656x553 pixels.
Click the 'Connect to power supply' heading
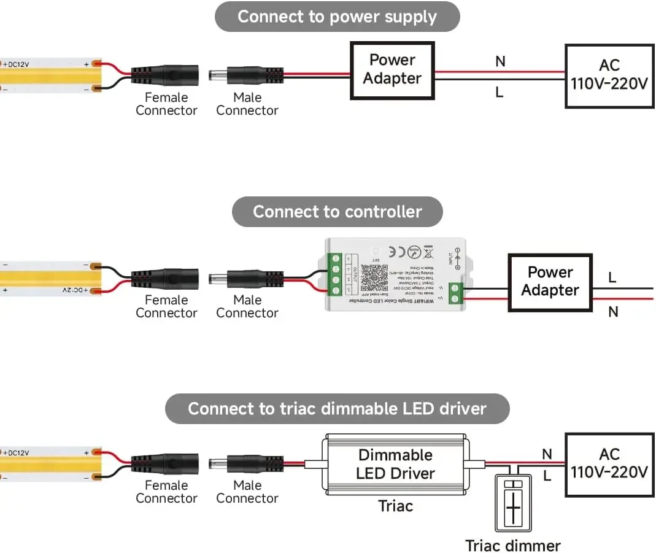pyautogui.click(x=337, y=17)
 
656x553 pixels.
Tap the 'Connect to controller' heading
pyautogui.click(x=337, y=212)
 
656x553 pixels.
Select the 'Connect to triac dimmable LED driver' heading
pyautogui.click(x=337, y=409)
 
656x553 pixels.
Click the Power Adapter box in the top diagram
pyautogui.click(x=392, y=70)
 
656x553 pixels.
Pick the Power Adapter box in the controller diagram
pyautogui.click(x=550, y=282)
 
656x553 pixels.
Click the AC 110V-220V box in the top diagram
pyautogui.click(x=609, y=75)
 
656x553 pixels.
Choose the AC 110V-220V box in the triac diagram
pyautogui.click(x=609, y=464)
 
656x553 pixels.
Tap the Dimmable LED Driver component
pyautogui.click(x=395, y=464)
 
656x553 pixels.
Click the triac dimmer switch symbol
pyautogui.click(x=513, y=503)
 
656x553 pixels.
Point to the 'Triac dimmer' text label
pyautogui.click(x=513, y=546)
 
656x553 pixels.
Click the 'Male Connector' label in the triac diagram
pyautogui.click(x=247, y=492)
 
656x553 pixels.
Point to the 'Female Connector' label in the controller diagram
pyautogui.click(x=166, y=306)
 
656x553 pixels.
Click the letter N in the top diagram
pyautogui.click(x=500, y=61)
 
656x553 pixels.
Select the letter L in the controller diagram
pyautogui.click(x=612, y=278)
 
